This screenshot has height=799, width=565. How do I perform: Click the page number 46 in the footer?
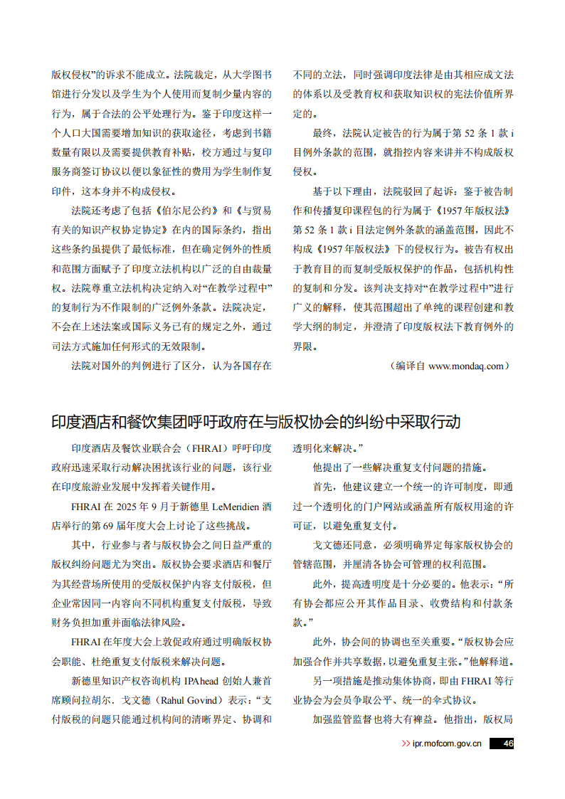click(507, 744)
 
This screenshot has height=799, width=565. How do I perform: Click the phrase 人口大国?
click(90, 133)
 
